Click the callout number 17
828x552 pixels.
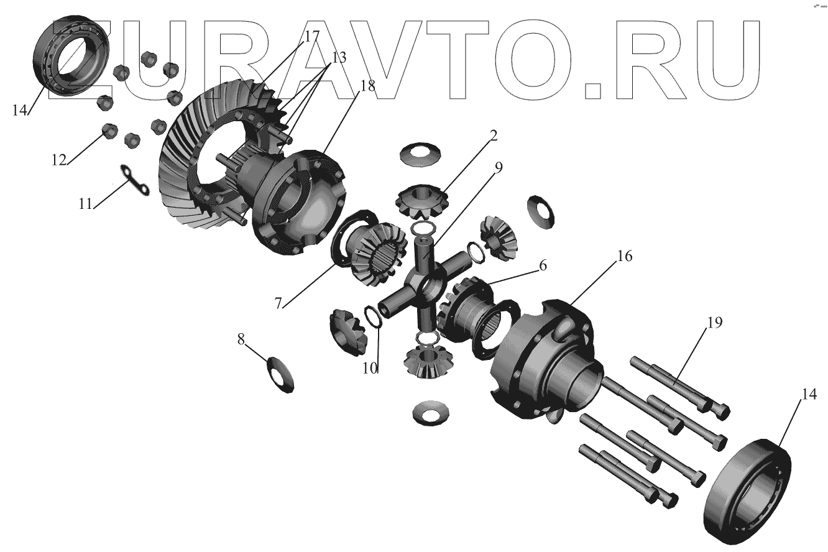click(x=311, y=36)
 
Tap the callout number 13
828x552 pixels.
click(x=339, y=58)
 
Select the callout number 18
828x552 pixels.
click(x=367, y=86)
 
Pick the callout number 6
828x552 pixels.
click(x=543, y=265)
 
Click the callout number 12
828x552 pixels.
click(x=58, y=160)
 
